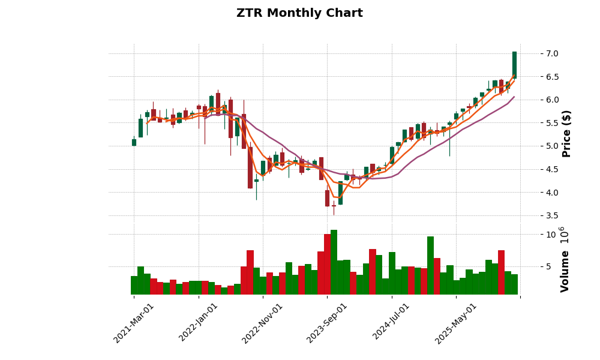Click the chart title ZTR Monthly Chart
tap(299, 13)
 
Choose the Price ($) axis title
tap(566, 133)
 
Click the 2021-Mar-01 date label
tap(134, 323)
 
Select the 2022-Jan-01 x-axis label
tap(199, 323)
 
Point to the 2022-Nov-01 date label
tap(263, 323)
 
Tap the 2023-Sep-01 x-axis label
tap(328, 323)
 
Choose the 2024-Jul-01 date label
tap(392, 323)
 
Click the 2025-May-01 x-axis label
tap(456, 323)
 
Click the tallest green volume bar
tap(334, 262)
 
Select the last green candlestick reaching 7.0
tap(514, 65)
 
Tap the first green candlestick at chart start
tap(134, 142)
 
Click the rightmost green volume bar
tap(514, 284)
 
